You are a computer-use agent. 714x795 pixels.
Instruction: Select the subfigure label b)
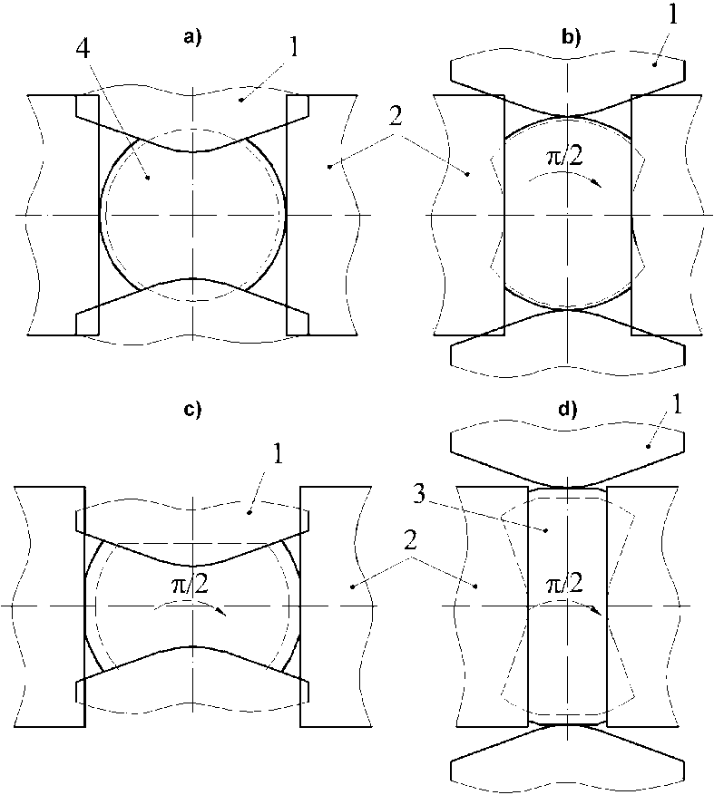572,38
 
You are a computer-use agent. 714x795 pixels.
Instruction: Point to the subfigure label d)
568,409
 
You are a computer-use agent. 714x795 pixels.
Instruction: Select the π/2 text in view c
191,585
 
